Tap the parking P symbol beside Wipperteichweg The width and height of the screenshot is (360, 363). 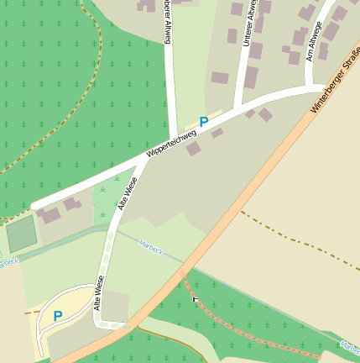(203, 122)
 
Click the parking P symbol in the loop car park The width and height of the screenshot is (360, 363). (58, 316)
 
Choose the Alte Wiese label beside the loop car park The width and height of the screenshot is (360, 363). (98, 293)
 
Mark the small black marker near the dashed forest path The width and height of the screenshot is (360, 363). (196, 298)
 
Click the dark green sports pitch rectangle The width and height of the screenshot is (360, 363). (21, 234)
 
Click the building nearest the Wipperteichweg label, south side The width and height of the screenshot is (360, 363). (193, 149)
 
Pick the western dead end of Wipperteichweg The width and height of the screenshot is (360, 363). (34, 207)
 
